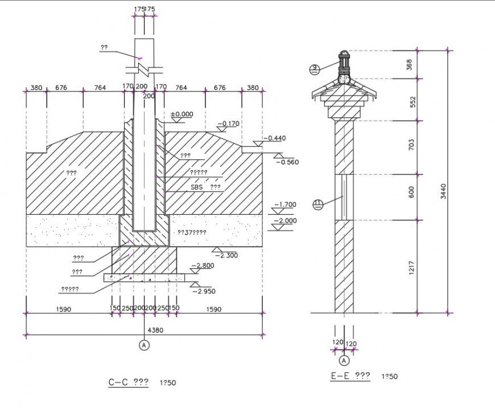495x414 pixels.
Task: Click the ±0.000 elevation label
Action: click(x=182, y=114)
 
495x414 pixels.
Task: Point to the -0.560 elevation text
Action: click(x=287, y=162)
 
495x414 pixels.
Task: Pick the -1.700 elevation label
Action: click(x=285, y=204)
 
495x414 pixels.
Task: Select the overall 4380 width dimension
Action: click(x=155, y=330)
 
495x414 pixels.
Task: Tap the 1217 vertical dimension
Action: click(x=412, y=266)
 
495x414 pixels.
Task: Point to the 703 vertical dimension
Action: click(x=412, y=147)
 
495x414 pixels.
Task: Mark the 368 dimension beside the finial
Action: click(x=412, y=64)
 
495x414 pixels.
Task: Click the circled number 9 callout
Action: click(x=314, y=69)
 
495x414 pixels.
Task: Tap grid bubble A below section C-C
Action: click(x=144, y=345)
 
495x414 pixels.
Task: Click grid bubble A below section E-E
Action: click(x=344, y=360)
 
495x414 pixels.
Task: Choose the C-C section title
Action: click(x=129, y=383)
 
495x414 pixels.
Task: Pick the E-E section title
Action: click(x=350, y=376)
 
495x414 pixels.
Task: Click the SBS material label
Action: click(x=197, y=187)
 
